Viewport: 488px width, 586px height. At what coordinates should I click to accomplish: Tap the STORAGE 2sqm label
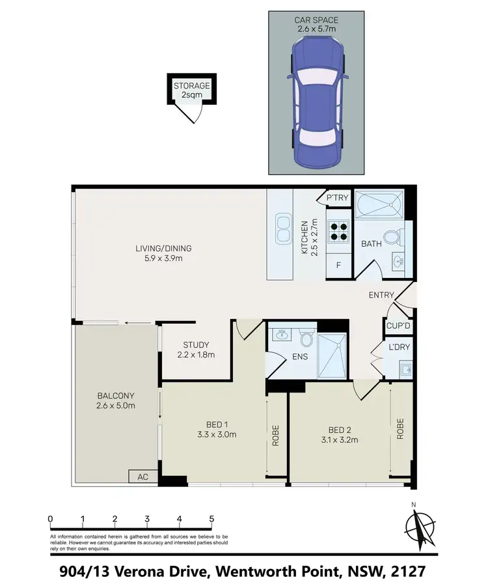[x=191, y=91]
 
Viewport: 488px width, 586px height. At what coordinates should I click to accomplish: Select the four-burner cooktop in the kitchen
[x=338, y=233]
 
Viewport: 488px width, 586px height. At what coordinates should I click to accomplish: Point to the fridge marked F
[x=338, y=266]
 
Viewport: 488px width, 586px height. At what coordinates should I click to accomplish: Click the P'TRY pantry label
[x=338, y=197]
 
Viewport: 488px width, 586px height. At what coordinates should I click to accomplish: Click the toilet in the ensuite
[x=306, y=339]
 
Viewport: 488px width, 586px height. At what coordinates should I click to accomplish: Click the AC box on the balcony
[x=142, y=477]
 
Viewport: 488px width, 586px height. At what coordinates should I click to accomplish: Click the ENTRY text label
[x=381, y=295]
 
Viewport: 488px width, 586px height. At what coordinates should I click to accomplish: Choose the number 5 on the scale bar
[x=211, y=519]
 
